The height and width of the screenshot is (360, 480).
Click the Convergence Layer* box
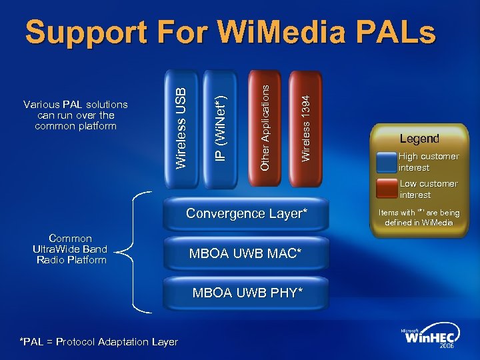coord(247,213)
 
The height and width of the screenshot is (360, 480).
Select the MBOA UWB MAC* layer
coord(247,253)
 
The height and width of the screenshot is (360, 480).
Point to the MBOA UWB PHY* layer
coord(247,293)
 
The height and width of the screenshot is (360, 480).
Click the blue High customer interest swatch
coord(387,163)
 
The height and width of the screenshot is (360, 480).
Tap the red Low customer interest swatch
coord(387,189)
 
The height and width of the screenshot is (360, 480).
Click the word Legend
coord(419,139)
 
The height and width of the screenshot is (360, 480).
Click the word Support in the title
coord(87,33)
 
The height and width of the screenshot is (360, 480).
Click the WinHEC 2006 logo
coord(431,339)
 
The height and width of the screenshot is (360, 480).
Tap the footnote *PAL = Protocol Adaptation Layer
coord(99,342)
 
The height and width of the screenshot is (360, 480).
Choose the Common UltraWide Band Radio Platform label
coord(70,249)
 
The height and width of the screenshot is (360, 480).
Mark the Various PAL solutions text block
coord(75,115)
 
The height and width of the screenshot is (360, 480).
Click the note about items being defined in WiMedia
coord(419,217)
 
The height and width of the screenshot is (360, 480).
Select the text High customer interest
coord(429,162)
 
